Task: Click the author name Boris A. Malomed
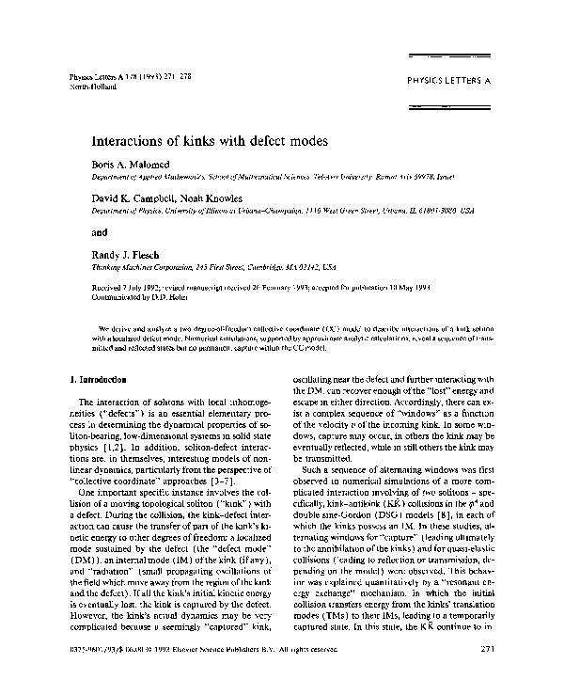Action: tap(129, 166)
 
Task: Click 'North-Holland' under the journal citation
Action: tap(92, 86)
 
